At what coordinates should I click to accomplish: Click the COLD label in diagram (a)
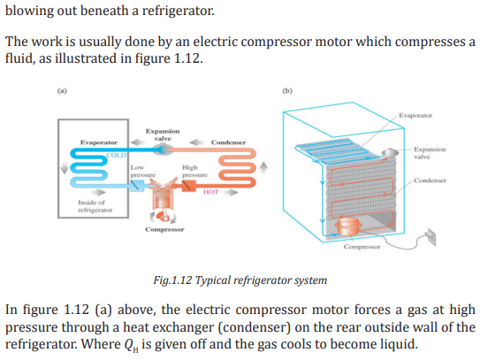(116, 156)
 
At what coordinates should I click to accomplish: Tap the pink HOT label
(211, 192)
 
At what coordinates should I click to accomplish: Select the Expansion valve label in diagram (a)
(163, 134)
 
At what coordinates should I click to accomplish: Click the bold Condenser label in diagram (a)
(228, 142)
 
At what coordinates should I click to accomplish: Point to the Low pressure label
(143, 172)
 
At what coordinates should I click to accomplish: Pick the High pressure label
(194, 172)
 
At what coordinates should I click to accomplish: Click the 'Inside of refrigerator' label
(95, 206)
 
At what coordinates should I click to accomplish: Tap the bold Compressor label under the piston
(164, 229)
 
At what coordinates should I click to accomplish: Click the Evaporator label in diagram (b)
(415, 116)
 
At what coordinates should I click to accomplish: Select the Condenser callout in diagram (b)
(430, 180)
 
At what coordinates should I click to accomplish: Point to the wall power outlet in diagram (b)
(430, 236)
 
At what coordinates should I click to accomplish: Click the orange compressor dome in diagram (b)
(348, 226)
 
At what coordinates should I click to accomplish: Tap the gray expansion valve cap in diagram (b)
(390, 152)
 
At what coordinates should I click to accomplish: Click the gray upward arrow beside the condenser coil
(263, 168)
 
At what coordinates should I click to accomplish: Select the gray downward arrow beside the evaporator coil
(65, 167)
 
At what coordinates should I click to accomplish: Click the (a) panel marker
(62, 91)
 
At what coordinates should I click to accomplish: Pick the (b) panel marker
(287, 91)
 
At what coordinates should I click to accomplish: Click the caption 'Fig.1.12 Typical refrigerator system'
(240, 280)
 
